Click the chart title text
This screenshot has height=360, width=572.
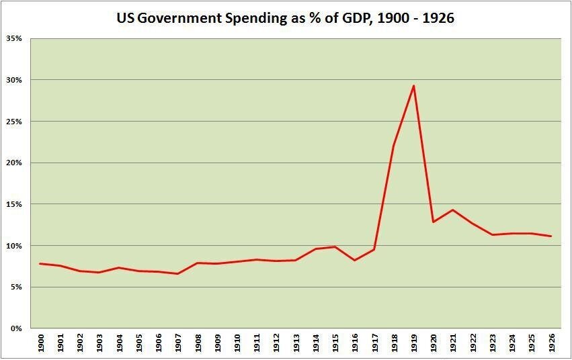[x=286, y=18]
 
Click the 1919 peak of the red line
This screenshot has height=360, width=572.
[x=413, y=85]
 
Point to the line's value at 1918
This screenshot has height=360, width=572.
[x=394, y=146]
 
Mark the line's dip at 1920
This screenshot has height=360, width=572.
[x=433, y=222]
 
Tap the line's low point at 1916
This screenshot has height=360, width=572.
[x=354, y=260]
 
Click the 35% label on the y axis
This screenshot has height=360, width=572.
[x=13, y=38]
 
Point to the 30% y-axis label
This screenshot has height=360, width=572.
[x=13, y=80]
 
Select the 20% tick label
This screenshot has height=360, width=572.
[x=13, y=163]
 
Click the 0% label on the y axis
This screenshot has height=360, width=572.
[x=15, y=328]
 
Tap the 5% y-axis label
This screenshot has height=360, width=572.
[x=15, y=287]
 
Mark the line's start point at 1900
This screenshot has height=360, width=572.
[x=40, y=263]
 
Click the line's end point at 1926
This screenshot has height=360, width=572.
[x=551, y=236]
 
